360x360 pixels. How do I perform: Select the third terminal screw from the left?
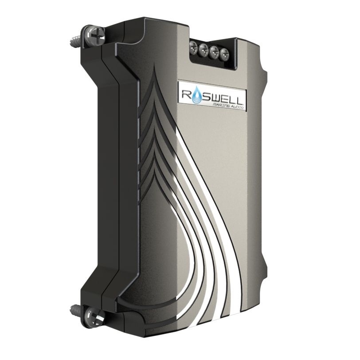point(215,52)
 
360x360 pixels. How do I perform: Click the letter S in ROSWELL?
point(207,95)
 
